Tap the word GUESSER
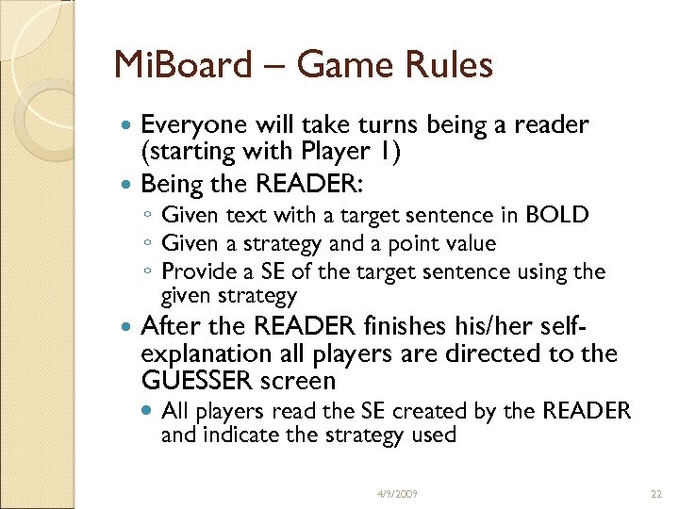point(196,381)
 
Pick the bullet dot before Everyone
point(127,125)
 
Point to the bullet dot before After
point(127,327)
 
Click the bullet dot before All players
point(149,411)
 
